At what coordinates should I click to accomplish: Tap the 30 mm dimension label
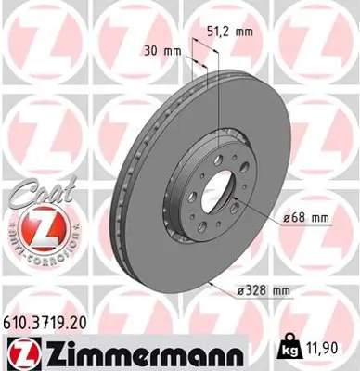pyautogui.click(x=165, y=52)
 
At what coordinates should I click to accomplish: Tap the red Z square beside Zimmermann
pyautogui.click(x=18, y=354)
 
